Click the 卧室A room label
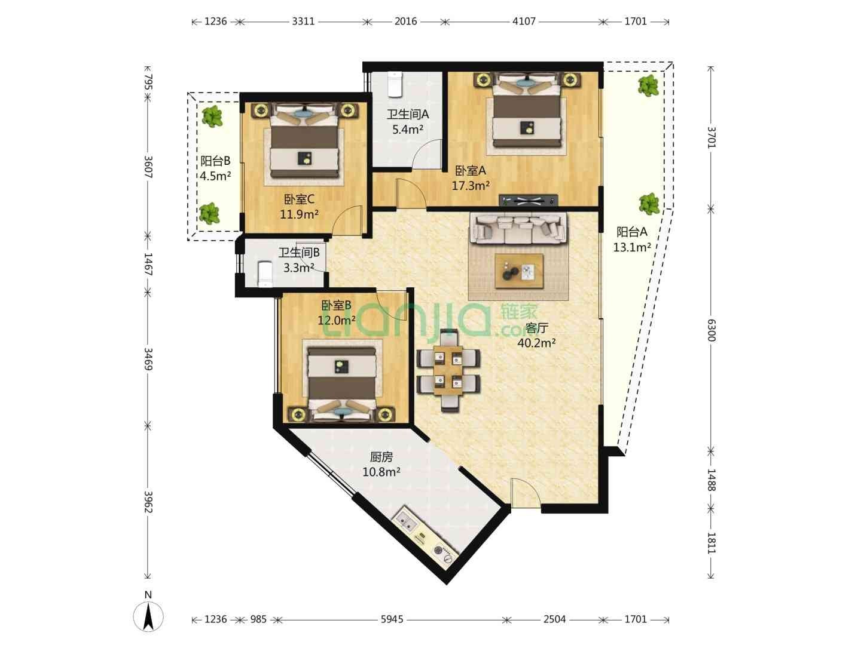(x=471, y=171)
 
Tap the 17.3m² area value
(x=471, y=186)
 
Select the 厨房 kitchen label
(x=381, y=457)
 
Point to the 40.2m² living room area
(x=536, y=343)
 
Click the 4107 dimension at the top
(x=524, y=21)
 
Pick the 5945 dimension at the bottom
(x=392, y=619)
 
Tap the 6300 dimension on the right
(x=711, y=330)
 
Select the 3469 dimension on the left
(x=148, y=359)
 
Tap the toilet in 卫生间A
(x=395, y=84)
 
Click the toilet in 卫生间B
(x=265, y=274)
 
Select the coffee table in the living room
(x=519, y=271)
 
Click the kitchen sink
(x=405, y=523)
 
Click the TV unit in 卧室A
(x=529, y=200)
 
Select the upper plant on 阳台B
(x=212, y=116)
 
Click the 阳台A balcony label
(x=631, y=232)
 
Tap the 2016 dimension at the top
(x=405, y=21)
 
